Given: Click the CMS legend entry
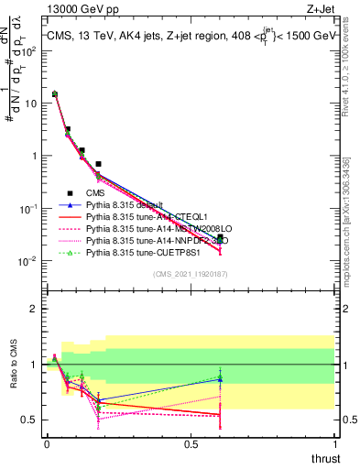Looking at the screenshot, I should (x=95, y=193).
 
